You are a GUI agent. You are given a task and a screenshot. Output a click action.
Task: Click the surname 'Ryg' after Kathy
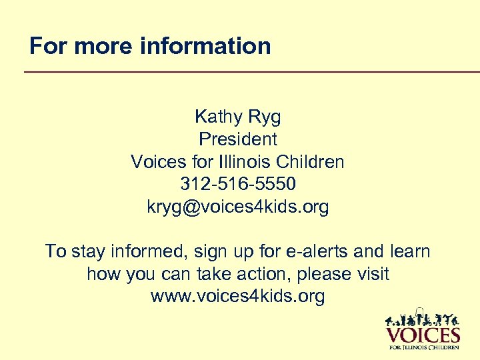(265, 117)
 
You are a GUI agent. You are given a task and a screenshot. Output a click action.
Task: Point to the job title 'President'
(238, 139)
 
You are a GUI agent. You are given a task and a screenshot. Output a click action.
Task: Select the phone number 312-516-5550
(238, 184)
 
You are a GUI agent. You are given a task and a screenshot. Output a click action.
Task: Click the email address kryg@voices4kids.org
(238, 207)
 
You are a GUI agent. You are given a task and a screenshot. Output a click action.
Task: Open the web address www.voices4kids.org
(238, 297)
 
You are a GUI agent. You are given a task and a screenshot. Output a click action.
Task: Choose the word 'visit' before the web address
(371, 274)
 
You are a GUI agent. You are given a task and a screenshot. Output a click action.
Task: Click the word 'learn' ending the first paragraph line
(409, 252)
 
